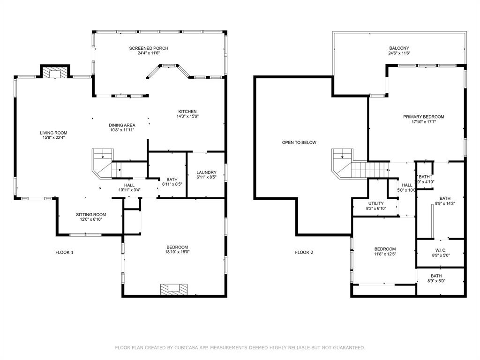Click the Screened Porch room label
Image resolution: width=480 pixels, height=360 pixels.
pyautogui.click(x=149, y=48)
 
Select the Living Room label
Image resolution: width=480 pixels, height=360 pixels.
pyautogui.click(x=53, y=133)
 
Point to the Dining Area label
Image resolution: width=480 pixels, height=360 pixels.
pyautogui.click(x=122, y=125)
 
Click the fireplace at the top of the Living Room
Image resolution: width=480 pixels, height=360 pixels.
pyautogui.click(x=55, y=72)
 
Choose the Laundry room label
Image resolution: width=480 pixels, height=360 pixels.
pyautogui.click(x=206, y=172)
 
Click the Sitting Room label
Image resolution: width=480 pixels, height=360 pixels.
pyautogui.click(x=91, y=215)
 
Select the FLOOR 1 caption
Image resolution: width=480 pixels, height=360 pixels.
pyautogui.click(x=65, y=253)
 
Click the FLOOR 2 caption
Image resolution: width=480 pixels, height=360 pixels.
pyautogui.click(x=304, y=253)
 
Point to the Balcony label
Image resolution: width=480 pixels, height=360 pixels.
pyautogui.click(x=399, y=48)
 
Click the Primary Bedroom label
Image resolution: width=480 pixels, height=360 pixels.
pyautogui.click(x=423, y=117)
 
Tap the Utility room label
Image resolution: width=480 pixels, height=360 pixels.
pyautogui.click(x=375, y=203)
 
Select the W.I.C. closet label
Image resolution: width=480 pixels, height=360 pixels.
pyautogui.click(x=440, y=250)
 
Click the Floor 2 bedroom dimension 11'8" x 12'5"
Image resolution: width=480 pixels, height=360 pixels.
pyautogui.click(x=385, y=254)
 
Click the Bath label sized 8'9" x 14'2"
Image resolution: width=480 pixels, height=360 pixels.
pyautogui.click(x=444, y=198)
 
